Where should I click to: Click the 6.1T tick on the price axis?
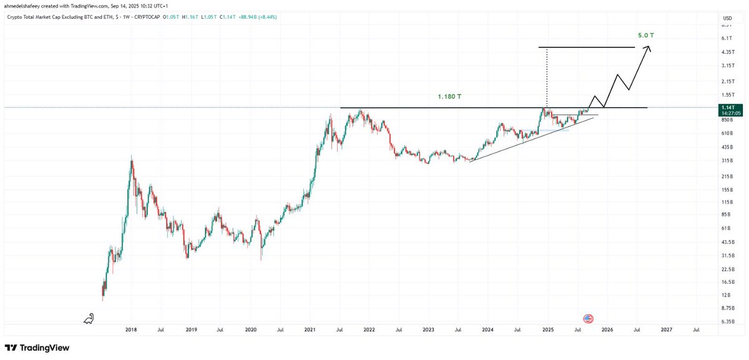pos(727,38)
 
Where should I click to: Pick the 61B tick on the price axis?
pos(727,228)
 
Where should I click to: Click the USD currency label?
pos(727,18)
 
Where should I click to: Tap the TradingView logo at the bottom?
pos(37,348)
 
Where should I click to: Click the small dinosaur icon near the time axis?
pos(89,319)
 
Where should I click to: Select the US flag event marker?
pos(587,318)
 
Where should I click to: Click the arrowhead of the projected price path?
pos(650,49)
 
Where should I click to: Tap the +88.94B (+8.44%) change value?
pos(255,17)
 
